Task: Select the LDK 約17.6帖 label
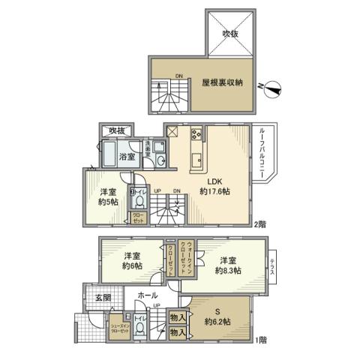coord(214,186)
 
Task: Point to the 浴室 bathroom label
coord(127,157)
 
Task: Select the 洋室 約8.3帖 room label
coord(226,264)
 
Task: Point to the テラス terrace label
coord(272,265)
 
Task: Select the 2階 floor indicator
coord(259,224)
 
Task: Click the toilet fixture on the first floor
coord(139,333)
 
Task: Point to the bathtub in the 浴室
coord(106,156)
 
